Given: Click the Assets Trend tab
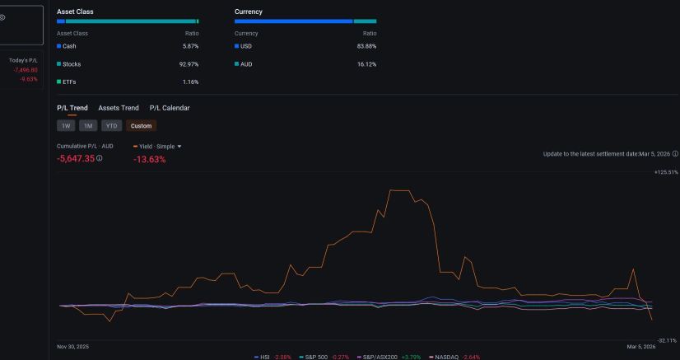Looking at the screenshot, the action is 119,108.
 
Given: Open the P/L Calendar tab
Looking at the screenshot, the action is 170,108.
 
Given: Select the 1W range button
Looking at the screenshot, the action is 66,126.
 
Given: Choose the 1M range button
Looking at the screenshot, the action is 88,126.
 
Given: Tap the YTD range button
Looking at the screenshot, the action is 111,126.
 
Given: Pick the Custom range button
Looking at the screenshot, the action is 142,126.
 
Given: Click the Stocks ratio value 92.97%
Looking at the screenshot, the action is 189,64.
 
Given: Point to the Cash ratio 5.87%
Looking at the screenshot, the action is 191,46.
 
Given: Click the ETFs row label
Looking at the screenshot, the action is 69,82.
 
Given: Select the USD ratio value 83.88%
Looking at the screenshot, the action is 367,46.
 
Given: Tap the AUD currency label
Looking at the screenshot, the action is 246,64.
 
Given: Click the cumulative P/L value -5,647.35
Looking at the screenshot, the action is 76,158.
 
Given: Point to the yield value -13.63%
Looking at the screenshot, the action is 150,159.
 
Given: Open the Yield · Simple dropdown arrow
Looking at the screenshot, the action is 179,147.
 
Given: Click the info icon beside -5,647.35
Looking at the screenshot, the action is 100,158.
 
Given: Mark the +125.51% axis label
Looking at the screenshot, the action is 666,172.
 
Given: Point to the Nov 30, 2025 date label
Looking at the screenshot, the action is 72,347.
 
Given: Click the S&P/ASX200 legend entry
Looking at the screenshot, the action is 377,357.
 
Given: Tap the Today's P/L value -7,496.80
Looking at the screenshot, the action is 26,70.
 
